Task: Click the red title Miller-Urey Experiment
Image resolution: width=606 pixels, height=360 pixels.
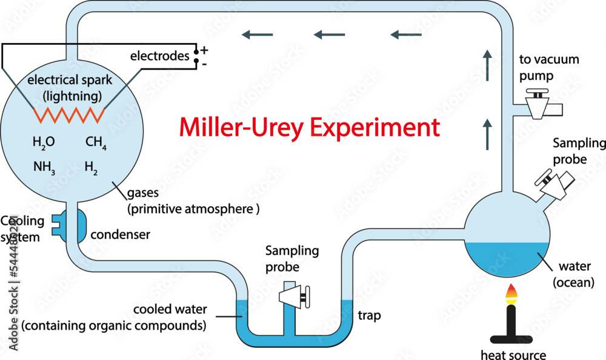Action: (309, 128)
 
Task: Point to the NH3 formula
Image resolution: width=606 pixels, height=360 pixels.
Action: (44, 165)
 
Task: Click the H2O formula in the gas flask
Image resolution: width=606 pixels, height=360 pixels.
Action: (44, 142)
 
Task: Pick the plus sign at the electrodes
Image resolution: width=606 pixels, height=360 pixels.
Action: (204, 49)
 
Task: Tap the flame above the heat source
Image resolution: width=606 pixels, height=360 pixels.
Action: (512, 295)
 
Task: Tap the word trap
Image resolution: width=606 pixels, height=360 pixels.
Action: (369, 316)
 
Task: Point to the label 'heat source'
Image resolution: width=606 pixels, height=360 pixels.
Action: (513, 355)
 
